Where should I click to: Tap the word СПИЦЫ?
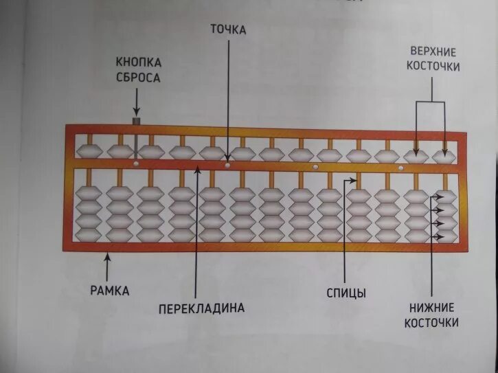346,293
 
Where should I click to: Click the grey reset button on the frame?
136,121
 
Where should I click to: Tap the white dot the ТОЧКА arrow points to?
227,165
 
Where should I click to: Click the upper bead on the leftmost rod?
89,152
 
